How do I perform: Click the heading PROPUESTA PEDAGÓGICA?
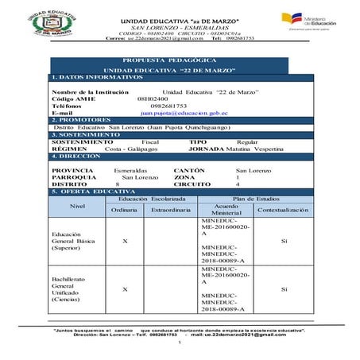(x=179, y=60)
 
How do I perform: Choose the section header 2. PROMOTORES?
(x=77, y=120)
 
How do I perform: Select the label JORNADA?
(x=207, y=149)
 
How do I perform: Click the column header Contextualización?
(x=284, y=210)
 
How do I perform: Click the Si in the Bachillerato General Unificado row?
(x=284, y=289)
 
